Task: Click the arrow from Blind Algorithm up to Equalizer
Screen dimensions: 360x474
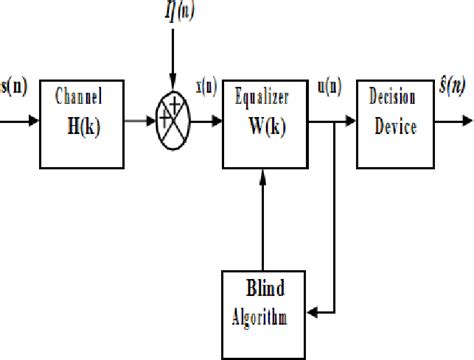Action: tap(261, 220)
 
